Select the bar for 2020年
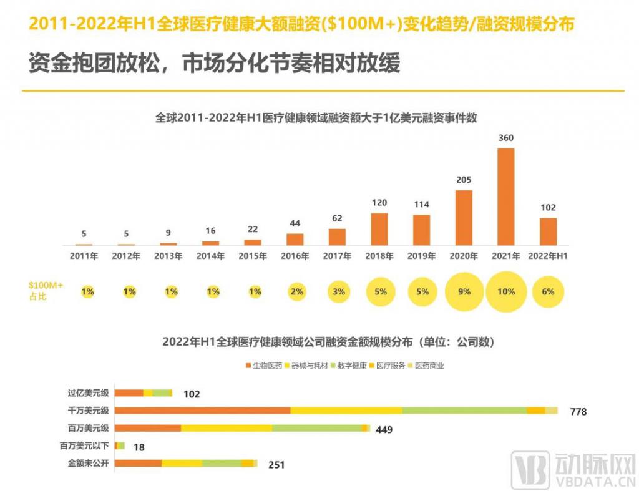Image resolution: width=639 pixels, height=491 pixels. [464, 218]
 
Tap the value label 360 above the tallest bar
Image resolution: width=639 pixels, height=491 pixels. [505, 138]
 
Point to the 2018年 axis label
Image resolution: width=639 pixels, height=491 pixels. [379, 256]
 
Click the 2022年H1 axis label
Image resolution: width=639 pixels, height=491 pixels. [548, 256]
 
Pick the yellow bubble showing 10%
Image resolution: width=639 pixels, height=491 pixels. [506, 291]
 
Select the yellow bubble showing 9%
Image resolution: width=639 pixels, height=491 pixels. [464, 291]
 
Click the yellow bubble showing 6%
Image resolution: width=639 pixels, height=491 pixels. [549, 291]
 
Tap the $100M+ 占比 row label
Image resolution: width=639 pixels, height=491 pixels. [46, 291]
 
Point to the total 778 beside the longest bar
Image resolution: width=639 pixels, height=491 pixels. [578, 411]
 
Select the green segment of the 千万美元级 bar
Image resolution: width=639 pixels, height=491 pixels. [464, 410]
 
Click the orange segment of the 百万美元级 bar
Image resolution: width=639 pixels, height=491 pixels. [148, 428]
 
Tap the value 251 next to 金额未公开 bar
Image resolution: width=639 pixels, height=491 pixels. [277, 465]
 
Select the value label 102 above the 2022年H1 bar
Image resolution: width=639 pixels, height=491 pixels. [548, 208]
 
